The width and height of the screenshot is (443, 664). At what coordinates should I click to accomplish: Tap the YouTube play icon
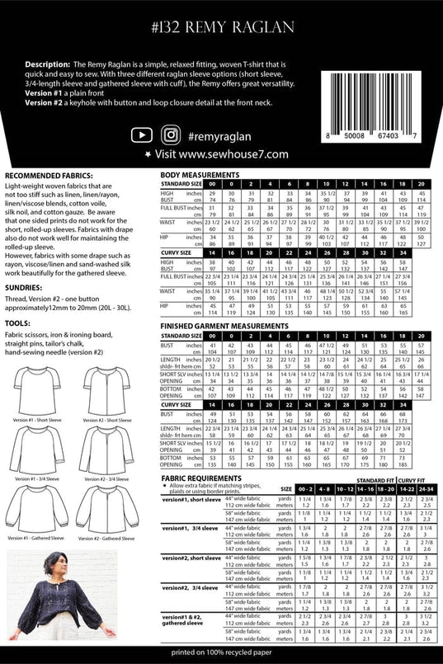coord(142,134)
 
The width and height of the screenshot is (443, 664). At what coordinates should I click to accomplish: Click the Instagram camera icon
coord(171,134)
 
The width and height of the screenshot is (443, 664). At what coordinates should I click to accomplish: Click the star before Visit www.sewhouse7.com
coord(147,154)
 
